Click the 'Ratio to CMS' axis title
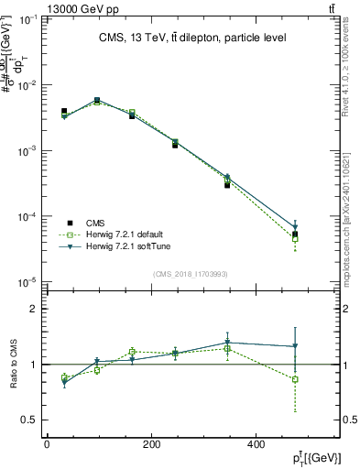15,365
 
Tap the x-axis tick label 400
255,444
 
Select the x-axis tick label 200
151,444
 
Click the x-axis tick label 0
47,444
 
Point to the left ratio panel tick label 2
34,309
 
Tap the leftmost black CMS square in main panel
63,111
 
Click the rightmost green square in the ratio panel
295,379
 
